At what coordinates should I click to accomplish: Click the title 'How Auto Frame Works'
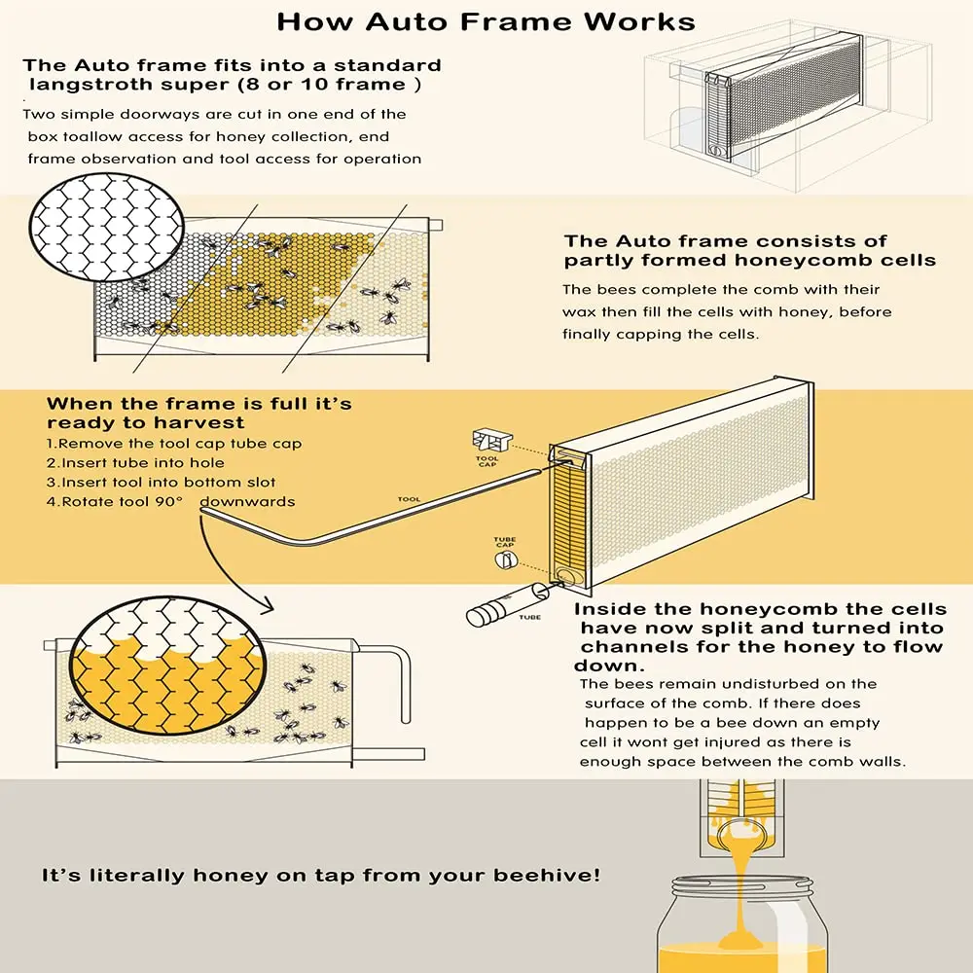486,21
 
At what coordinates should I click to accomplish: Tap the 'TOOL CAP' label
487,462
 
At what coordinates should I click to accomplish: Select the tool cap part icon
487,439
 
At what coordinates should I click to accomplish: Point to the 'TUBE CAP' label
505,542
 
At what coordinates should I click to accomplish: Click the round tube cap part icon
507,561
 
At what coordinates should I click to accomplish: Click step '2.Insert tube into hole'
136,463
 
